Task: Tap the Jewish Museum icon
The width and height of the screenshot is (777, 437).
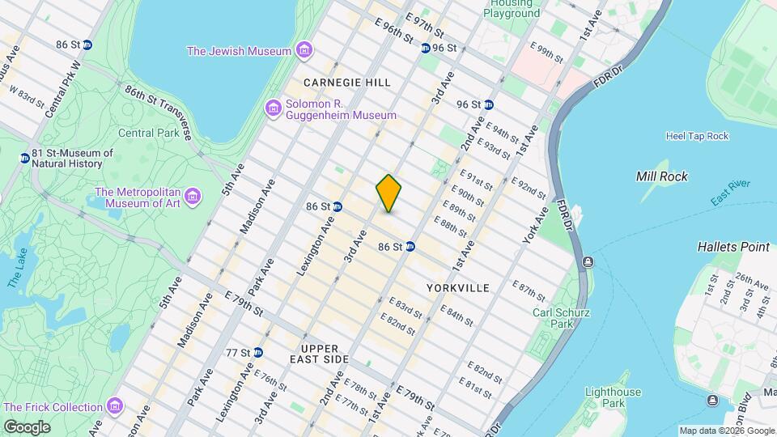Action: pyautogui.click(x=303, y=51)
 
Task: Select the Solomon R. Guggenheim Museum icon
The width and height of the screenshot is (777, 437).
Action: pyautogui.click(x=274, y=108)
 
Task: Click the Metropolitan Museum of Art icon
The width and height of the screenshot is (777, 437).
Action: pyautogui.click(x=192, y=197)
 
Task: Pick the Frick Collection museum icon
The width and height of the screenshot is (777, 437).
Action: pyautogui.click(x=114, y=405)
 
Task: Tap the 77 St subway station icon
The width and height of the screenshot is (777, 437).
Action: pyautogui.click(x=257, y=353)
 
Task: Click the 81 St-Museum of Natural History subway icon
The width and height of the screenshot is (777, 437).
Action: pyautogui.click(x=24, y=158)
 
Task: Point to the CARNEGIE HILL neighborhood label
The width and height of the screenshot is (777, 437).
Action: pyautogui.click(x=347, y=83)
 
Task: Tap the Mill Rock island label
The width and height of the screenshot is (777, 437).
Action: pyautogui.click(x=661, y=176)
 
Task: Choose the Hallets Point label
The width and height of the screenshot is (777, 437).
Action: pyautogui.click(x=732, y=247)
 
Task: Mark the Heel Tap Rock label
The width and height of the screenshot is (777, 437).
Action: pyautogui.click(x=696, y=136)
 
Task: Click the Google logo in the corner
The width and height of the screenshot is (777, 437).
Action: pyautogui.click(x=26, y=426)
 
